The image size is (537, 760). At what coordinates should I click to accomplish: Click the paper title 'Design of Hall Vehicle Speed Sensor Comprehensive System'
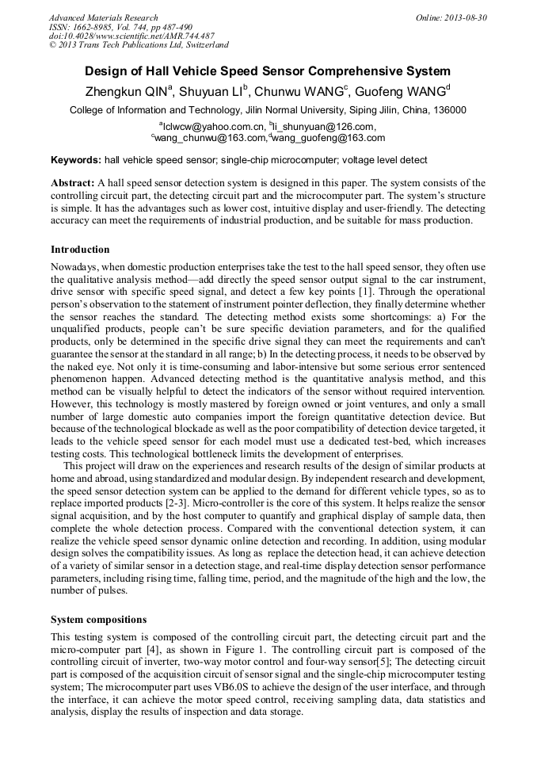click(268, 71)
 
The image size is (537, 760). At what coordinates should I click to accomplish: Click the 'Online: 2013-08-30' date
click(451, 17)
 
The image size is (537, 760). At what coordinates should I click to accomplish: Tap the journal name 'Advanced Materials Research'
click(103, 17)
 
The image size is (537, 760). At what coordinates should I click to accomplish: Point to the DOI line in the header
click(131, 36)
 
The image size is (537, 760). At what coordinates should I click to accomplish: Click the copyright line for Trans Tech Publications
click(139, 45)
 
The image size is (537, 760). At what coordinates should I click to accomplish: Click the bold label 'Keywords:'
click(76, 160)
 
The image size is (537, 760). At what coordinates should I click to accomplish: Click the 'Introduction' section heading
click(80, 250)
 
